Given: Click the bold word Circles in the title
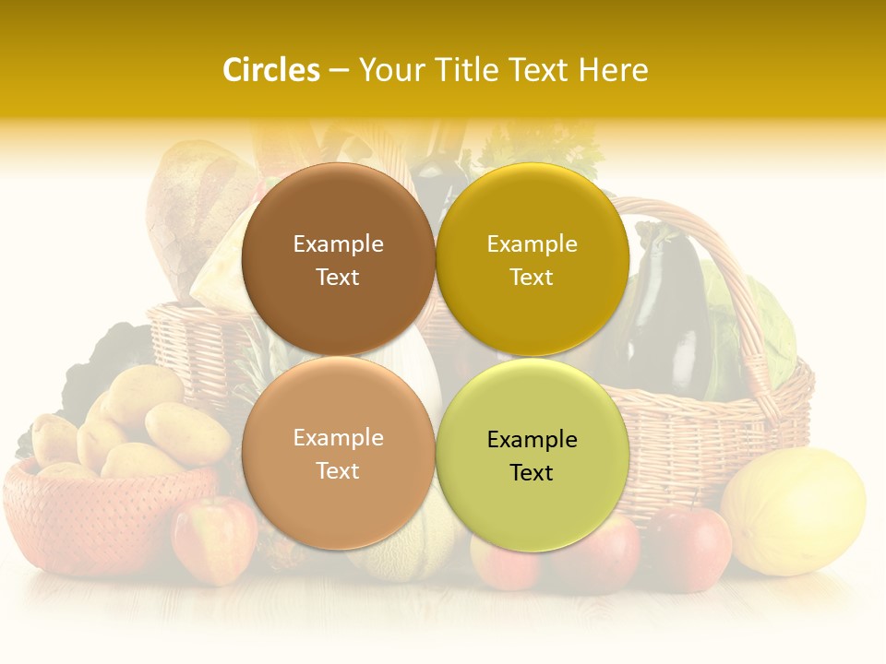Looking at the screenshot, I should pyautogui.click(x=271, y=70).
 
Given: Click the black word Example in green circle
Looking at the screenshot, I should pyautogui.click(x=532, y=440).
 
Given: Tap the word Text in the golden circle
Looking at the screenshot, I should pyautogui.click(x=532, y=277).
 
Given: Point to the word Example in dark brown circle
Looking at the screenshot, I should pyautogui.click(x=338, y=244).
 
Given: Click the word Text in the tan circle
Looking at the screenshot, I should pyautogui.click(x=338, y=470).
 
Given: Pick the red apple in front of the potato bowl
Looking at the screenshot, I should pyautogui.click(x=214, y=539).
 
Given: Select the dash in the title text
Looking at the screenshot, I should pyautogui.click(x=339, y=71).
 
